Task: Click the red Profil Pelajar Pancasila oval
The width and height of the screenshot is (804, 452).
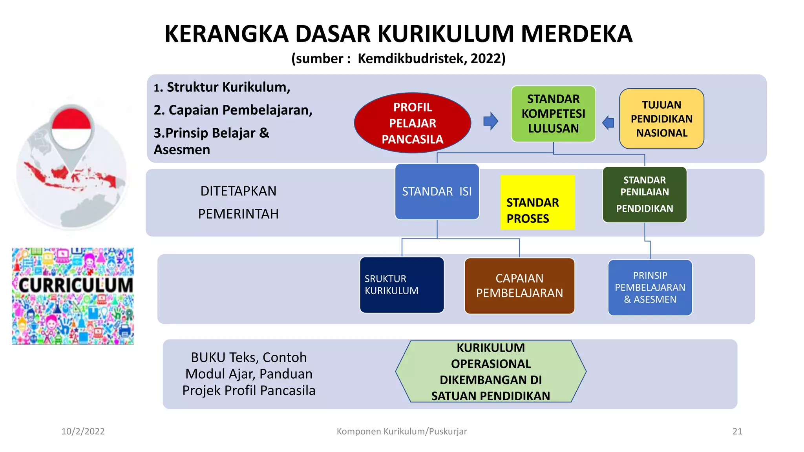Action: tap(412, 123)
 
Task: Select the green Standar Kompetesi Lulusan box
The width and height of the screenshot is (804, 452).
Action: tap(553, 114)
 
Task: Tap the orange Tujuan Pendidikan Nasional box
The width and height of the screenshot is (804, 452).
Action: tap(661, 118)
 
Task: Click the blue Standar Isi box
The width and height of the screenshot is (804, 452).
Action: tap(437, 191)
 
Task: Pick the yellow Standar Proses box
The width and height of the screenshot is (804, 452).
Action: tap(537, 202)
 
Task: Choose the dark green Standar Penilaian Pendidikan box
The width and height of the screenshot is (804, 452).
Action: tap(644, 195)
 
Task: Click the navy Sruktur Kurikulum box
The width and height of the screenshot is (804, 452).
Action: tap(402, 285)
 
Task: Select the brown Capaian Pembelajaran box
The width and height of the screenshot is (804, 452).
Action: tap(519, 286)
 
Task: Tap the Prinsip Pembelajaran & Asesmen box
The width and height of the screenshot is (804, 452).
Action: tap(650, 288)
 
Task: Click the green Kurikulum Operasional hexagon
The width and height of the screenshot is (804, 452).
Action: tap(490, 372)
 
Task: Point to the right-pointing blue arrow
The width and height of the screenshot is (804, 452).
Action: tap(491, 121)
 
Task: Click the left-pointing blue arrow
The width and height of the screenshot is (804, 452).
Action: tap(608, 123)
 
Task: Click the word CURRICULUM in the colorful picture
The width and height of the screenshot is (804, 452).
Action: tap(76, 285)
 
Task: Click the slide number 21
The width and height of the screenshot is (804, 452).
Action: tap(737, 432)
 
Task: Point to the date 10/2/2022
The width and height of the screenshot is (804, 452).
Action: tap(83, 432)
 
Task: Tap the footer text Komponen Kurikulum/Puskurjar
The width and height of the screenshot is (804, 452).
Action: tap(402, 432)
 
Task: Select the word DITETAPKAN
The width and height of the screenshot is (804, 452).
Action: tap(238, 191)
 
